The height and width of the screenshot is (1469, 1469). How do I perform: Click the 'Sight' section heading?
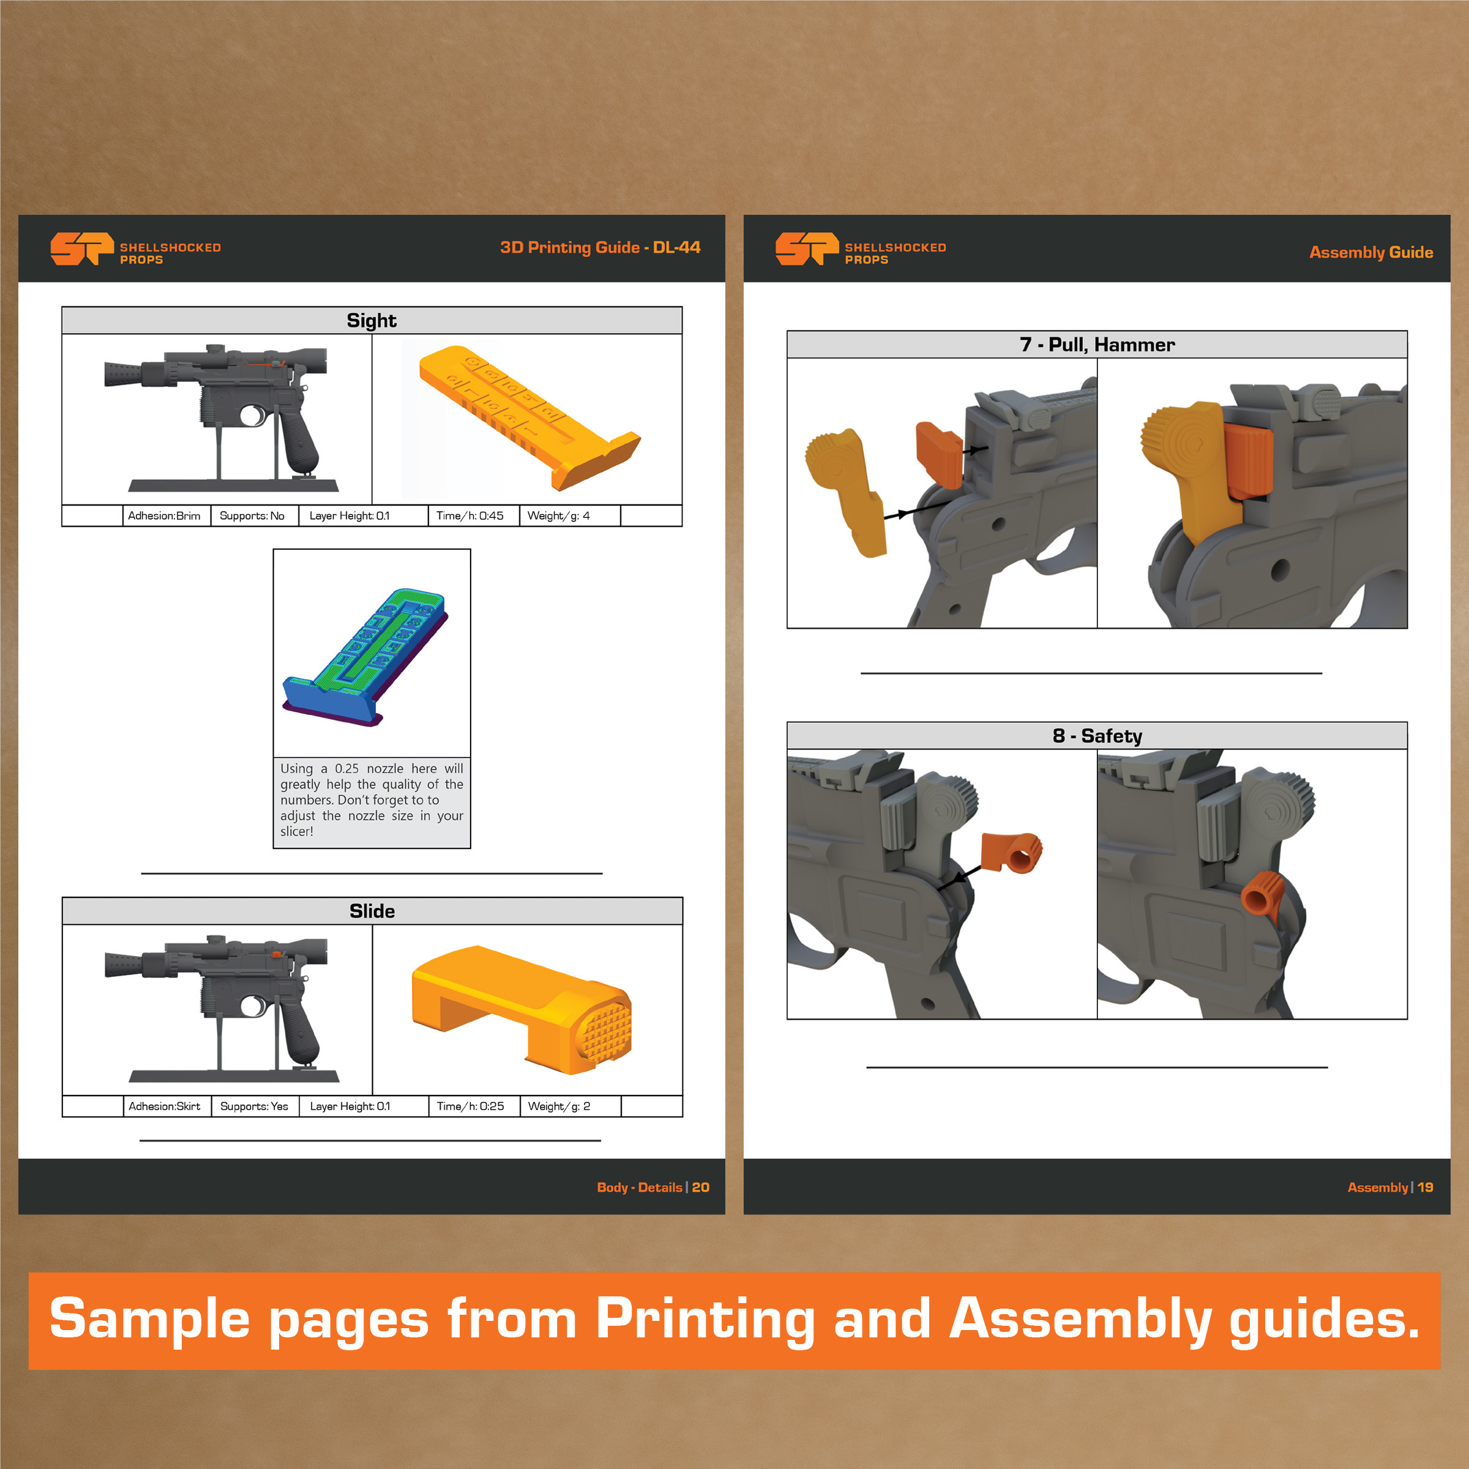(x=371, y=321)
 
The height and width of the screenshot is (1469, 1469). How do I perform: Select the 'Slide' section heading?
(x=372, y=911)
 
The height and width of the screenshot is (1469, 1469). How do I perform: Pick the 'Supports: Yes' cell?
(x=255, y=1106)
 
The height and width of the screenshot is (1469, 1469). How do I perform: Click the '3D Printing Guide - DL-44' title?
(x=600, y=247)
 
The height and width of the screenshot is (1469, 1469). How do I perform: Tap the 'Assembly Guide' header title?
(x=1371, y=252)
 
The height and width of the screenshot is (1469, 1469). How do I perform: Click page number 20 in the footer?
(x=700, y=1187)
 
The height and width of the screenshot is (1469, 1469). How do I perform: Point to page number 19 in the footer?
(x=1425, y=1187)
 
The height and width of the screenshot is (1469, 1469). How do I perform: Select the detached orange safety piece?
(x=1012, y=851)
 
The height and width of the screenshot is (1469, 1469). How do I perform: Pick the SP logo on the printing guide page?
(x=82, y=249)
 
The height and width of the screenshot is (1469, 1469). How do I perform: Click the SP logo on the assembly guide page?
(x=807, y=249)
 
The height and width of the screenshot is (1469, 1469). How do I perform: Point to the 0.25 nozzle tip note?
(x=372, y=801)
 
